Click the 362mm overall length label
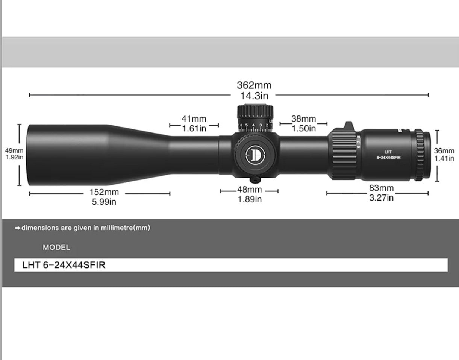[254, 85]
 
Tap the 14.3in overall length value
[254, 96]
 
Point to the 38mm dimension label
[303, 119]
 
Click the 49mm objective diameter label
[14, 151]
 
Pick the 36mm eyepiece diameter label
[444, 151]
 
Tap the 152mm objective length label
[104, 192]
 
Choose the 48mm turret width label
[249, 190]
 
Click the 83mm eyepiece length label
[381, 188]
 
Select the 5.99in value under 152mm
[104, 202]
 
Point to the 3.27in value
[381, 198]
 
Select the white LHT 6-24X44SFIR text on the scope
[388, 155]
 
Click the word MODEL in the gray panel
[56, 248]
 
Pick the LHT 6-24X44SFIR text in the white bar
[64, 265]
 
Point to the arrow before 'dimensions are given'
[17, 228]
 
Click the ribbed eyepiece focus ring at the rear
[423, 154]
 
